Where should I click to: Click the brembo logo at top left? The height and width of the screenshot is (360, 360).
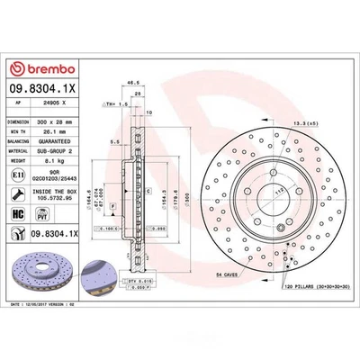coord(35,68)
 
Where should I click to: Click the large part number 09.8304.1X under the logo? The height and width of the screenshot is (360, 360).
coord(40,90)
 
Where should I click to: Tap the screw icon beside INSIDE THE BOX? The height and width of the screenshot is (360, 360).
coord(17,197)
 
